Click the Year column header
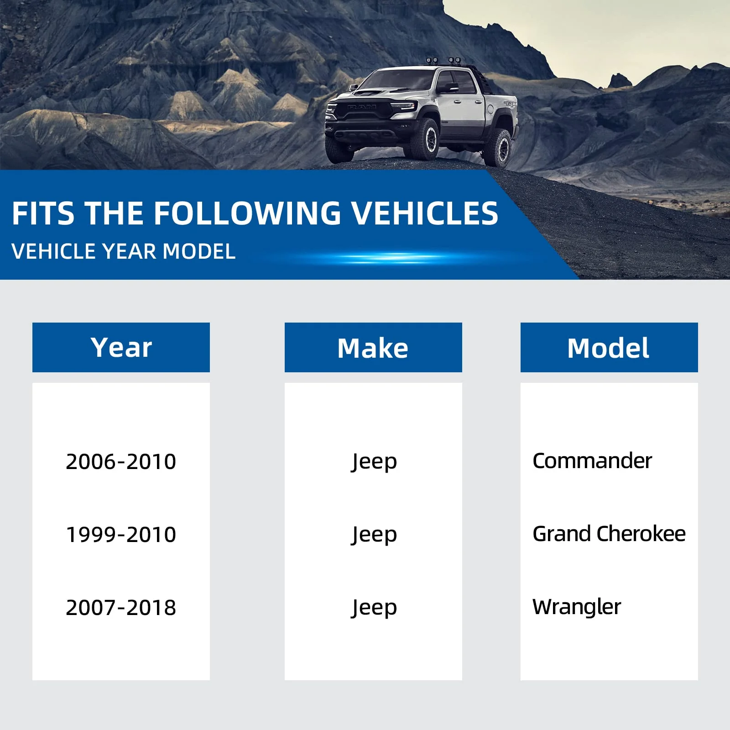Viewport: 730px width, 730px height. (x=121, y=347)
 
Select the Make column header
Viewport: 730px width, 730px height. (x=373, y=347)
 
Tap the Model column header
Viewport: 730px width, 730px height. (x=609, y=347)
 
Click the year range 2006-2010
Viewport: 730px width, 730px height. (x=121, y=461)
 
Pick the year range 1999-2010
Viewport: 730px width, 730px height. (x=121, y=534)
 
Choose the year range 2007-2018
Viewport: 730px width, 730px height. (x=121, y=607)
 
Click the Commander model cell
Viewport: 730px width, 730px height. (x=592, y=461)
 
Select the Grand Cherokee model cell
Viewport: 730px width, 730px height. (x=609, y=534)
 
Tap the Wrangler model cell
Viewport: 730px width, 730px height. (x=577, y=607)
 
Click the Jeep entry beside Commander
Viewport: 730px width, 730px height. (x=374, y=462)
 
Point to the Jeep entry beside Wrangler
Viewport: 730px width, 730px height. (x=374, y=608)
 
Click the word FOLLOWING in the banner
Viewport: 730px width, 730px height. (x=247, y=213)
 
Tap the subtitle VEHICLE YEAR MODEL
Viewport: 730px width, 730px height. (x=124, y=251)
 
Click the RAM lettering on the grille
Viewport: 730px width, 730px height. (x=362, y=107)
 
